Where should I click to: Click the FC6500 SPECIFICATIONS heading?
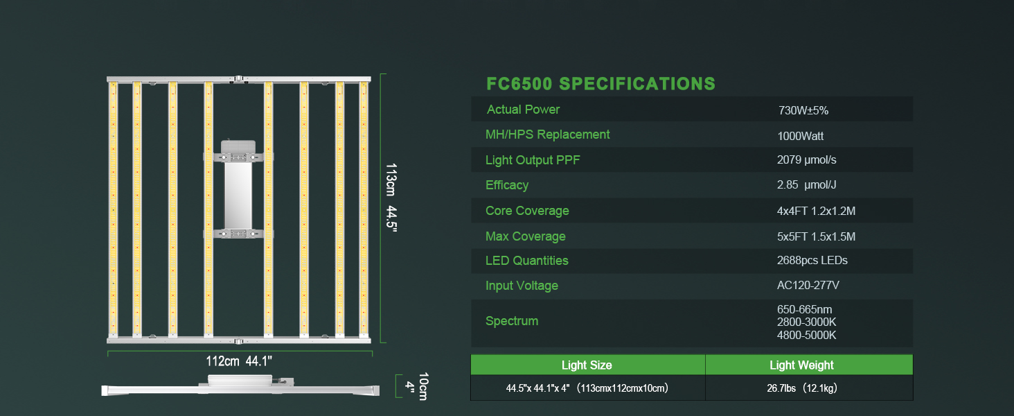click(x=601, y=84)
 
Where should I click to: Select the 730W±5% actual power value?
click(x=803, y=110)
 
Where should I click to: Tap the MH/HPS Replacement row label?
click(x=547, y=135)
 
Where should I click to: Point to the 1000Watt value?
click(x=800, y=137)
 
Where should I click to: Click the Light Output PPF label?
click(x=533, y=160)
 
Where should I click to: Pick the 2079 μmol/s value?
click(x=807, y=160)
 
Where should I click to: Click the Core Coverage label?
click(x=527, y=211)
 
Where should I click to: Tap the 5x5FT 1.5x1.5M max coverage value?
click(x=816, y=236)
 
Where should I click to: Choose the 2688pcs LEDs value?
click(x=812, y=261)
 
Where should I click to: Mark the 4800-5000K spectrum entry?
click(x=807, y=335)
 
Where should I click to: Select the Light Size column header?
click(x=587, y=365)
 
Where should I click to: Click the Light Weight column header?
click(x=801, y=365)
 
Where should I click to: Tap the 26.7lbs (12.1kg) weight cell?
click(x=801, y=388)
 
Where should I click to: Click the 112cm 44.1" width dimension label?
click(x=239, y=361)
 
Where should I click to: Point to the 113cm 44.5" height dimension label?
click(x=391, y=199)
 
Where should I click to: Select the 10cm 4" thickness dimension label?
click(x=416, y=385)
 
